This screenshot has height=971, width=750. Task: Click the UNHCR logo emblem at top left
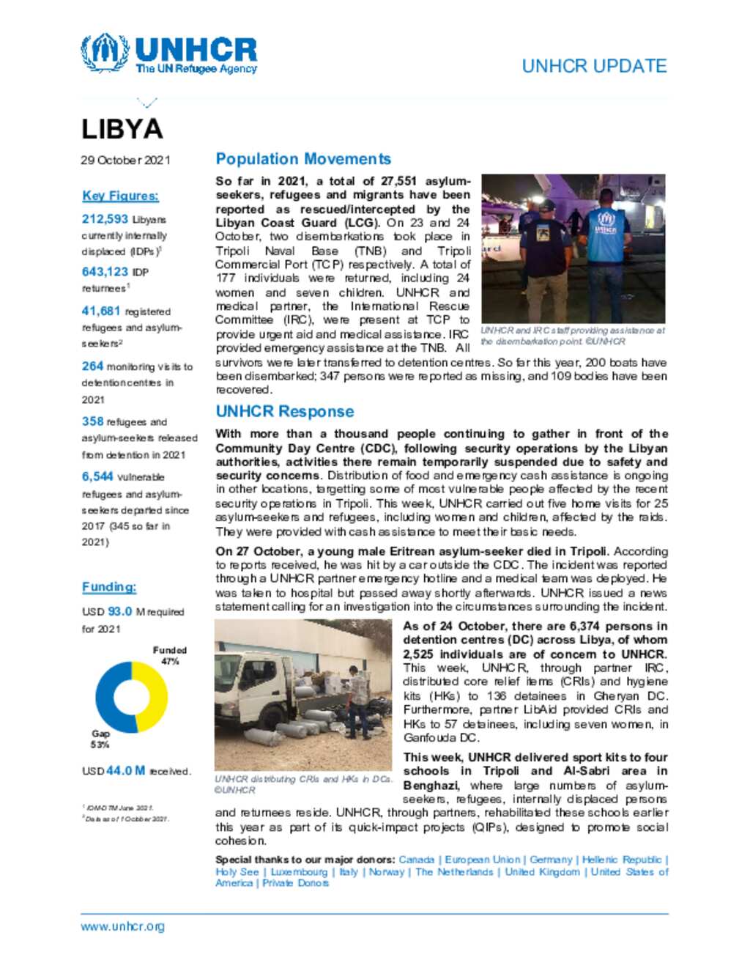[105, 53]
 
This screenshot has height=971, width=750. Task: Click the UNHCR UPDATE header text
[593, 66]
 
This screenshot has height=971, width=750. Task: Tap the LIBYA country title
[122, 129]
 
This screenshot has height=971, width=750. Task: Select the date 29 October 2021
[125, 160]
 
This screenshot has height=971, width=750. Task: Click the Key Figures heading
[120, 196]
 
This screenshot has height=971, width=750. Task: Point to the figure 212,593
[105, 219]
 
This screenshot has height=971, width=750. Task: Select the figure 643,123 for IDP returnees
[105, 272]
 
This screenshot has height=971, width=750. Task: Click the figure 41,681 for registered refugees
[101, 311]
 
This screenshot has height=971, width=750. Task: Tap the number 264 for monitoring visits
[92, 366]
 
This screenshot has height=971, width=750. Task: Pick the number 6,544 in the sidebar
[97, 476]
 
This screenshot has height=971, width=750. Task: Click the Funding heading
[109, 587]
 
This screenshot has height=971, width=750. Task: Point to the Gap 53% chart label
[100, 739]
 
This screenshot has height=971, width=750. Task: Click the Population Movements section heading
[303, 159]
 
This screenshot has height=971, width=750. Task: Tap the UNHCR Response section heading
[284, 412]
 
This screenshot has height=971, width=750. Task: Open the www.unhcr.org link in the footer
[122, 926]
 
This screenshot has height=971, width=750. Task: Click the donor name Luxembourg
[299, 872]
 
